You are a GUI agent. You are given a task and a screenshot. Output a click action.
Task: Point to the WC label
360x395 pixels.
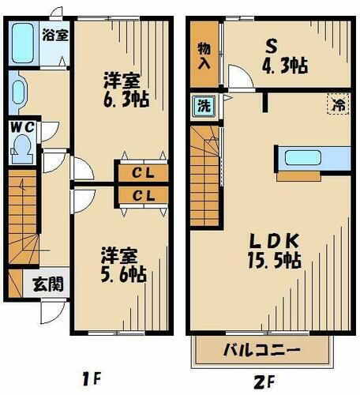tap(21, 126)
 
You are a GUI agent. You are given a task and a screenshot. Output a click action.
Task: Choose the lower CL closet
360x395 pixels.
tap(142, 194)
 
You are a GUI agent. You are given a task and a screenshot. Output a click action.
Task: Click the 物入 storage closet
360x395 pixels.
tap(202, 55)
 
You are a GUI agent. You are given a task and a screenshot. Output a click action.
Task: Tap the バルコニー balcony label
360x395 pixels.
tap(261, 349)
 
